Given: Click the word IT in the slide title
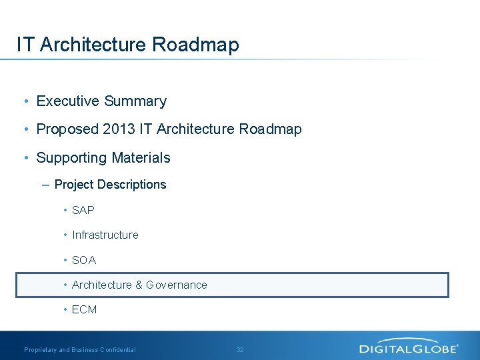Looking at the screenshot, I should [x=25, y=45].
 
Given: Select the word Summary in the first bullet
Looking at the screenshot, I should [x=135, y=101].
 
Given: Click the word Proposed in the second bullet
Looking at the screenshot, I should [x=67, y=129].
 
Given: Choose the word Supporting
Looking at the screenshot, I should [x=70, y=158].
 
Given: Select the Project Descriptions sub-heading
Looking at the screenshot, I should [x=110, y=185].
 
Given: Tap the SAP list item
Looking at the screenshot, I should [x=83, y=210].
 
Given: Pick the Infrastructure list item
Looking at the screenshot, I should [x=105, y=235].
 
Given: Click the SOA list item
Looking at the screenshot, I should [x=84, y=260].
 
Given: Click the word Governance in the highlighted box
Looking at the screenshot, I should [x=177, y=285].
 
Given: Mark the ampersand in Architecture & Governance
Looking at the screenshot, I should [x=139, y=285].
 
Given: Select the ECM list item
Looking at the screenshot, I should [x=84, y=309].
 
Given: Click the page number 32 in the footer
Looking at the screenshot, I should [x=240, y=350].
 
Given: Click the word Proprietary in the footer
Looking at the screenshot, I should [x=41, y=350].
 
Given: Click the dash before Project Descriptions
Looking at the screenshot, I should [x=45, y=185].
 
